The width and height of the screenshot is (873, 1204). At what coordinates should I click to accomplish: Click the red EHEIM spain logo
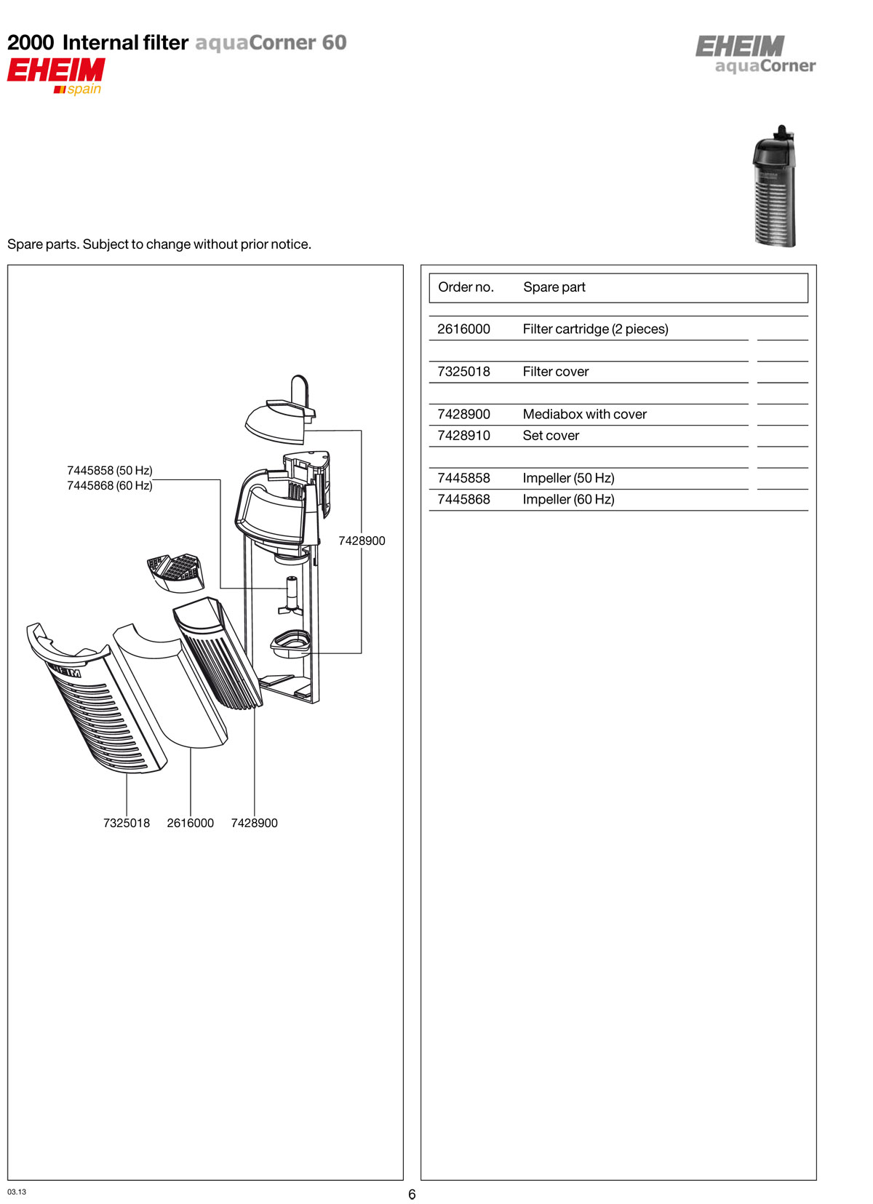(x=56, y=76)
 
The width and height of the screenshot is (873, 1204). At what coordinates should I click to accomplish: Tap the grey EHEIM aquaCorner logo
(x=754, y=55)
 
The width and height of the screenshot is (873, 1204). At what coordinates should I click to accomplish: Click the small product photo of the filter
(x=774, y=186)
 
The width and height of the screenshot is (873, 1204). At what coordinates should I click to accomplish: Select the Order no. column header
(x=466, y=287)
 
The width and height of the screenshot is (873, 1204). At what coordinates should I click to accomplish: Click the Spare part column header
(x=554, y=287)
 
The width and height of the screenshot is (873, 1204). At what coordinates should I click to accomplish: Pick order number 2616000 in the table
(x=463, y=329)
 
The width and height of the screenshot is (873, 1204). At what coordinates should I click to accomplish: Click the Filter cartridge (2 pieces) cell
(x=595, y=329)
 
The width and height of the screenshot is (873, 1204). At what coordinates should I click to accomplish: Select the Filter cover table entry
(x=555, y=372)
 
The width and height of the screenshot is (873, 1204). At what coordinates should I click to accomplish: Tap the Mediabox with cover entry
(x=584, y=414)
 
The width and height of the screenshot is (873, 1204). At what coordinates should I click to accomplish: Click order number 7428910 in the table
(x=463, y=436)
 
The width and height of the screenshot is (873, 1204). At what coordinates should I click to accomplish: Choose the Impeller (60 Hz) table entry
(x=568, y=499)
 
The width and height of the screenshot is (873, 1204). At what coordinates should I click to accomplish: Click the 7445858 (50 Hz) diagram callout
(x=110, y=471)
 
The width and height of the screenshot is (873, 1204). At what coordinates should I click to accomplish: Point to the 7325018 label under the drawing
(x=127, y=823)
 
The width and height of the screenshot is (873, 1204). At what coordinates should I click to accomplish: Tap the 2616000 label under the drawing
(x=191, y=823)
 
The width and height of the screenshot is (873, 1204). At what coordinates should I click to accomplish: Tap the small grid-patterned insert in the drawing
(x=175, y=572)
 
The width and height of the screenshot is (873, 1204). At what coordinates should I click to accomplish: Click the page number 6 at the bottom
(x=412, y=1195)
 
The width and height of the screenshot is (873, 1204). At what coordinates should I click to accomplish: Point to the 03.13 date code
(x=17, y=1192)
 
